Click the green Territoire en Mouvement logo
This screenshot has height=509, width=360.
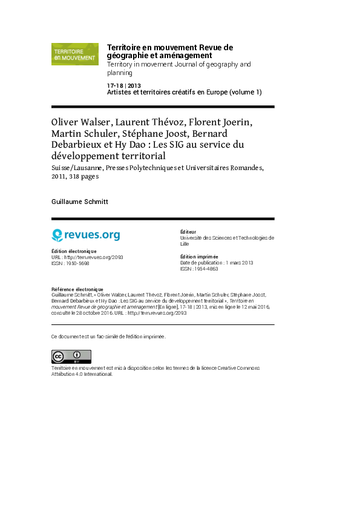75,54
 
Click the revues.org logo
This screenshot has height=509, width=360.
86,235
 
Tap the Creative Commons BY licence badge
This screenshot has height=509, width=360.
71,356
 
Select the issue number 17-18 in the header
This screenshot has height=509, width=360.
115,86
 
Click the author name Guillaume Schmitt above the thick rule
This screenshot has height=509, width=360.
79,202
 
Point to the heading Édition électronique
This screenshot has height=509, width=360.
74,251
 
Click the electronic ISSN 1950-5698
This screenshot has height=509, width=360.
77,263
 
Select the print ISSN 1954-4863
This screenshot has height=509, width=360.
206,269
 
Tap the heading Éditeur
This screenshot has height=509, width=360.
188,232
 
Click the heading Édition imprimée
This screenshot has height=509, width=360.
199,257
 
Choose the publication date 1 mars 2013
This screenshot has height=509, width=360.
240,263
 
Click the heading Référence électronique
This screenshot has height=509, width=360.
77,289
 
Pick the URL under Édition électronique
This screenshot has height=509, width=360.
94,257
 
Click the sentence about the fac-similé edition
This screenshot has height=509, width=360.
108,337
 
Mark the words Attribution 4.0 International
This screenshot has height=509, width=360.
82,374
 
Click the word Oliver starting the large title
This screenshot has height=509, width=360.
65,122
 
